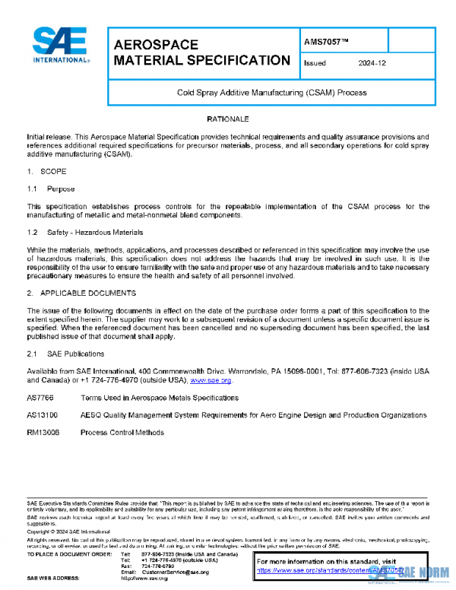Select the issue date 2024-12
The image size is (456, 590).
click(370, 64)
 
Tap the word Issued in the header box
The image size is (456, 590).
click(315, 64)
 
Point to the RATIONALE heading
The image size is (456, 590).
click(228, 119)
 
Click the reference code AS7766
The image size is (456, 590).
click(40, 398)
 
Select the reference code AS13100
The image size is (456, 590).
click(42, 415)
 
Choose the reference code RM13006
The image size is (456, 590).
click(43, 433)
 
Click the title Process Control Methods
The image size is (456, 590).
click(122, 433)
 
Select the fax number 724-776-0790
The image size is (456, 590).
click(157, 565)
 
